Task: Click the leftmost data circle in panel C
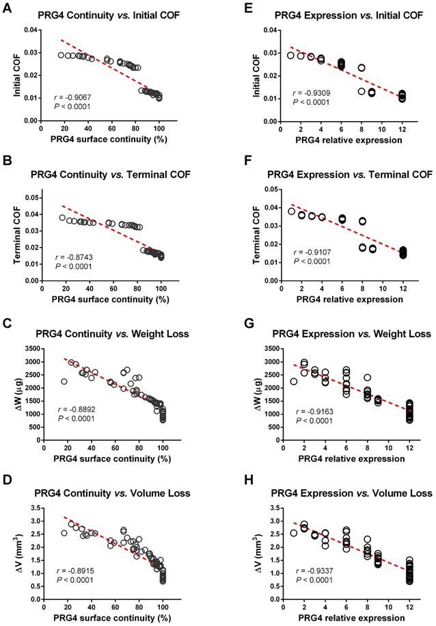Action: pos(64,382)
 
